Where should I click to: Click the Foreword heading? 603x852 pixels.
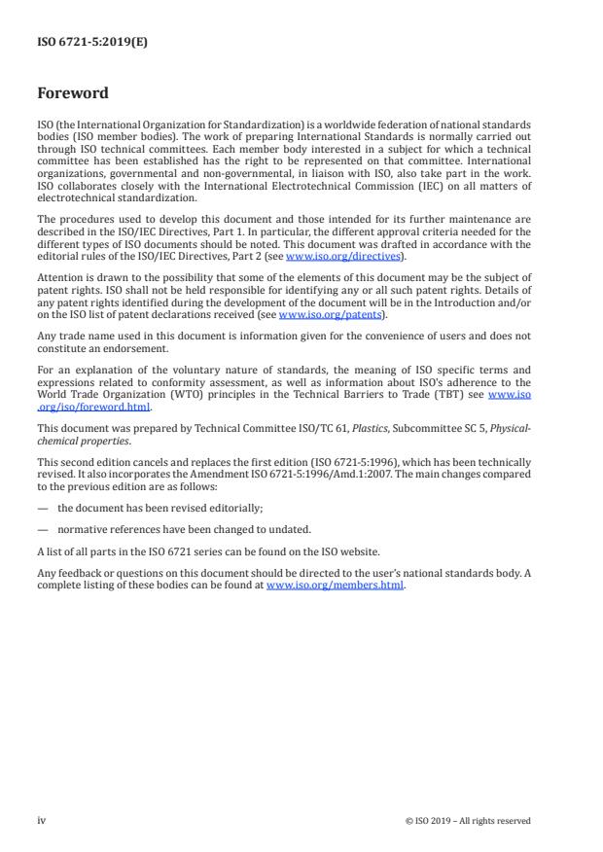tap(73, 93)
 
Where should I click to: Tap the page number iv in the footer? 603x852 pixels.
tap(41, 820)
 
